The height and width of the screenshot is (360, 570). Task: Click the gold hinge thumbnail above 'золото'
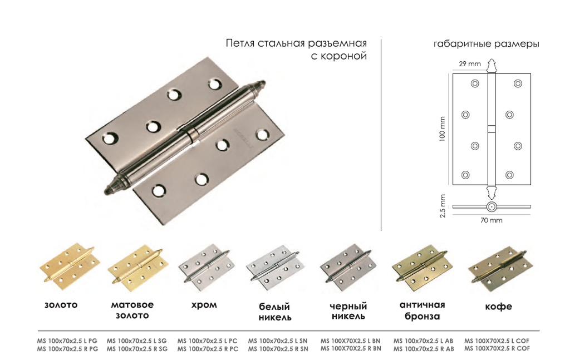(x=69, y=266)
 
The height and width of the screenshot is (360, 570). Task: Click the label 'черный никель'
(x=348, y=312)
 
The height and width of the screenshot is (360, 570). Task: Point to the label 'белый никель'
(x=274, y=312)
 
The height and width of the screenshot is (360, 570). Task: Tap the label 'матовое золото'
(x=132, y=310)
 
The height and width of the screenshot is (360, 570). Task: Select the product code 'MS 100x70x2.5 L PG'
(x=67, y=340)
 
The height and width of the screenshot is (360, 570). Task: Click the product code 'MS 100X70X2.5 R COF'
(x=497, y=348)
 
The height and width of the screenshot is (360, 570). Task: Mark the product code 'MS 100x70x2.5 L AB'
(x=424, y=340)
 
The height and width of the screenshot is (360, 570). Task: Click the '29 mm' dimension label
(x=469, y=64)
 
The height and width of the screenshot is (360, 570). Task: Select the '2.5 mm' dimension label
(x=443, y=206)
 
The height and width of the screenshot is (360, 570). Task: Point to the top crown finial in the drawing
(x=492, y=66)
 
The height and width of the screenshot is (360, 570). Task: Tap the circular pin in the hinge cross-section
(x=491, y=208)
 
